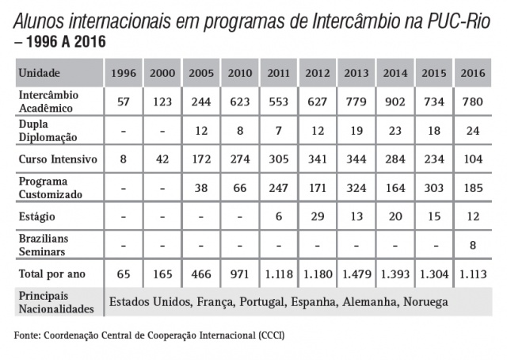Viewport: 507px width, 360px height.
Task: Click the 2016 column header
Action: (x=473, y=73)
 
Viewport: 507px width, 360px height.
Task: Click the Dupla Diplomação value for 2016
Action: (x=473, y=131)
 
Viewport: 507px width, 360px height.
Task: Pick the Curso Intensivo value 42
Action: (x=162, y=159)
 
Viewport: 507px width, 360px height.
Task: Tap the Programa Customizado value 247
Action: (x=279, y=188)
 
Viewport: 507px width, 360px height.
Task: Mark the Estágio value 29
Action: (x=318, y=216)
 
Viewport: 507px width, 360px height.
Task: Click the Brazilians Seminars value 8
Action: (x=473, y=245)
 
